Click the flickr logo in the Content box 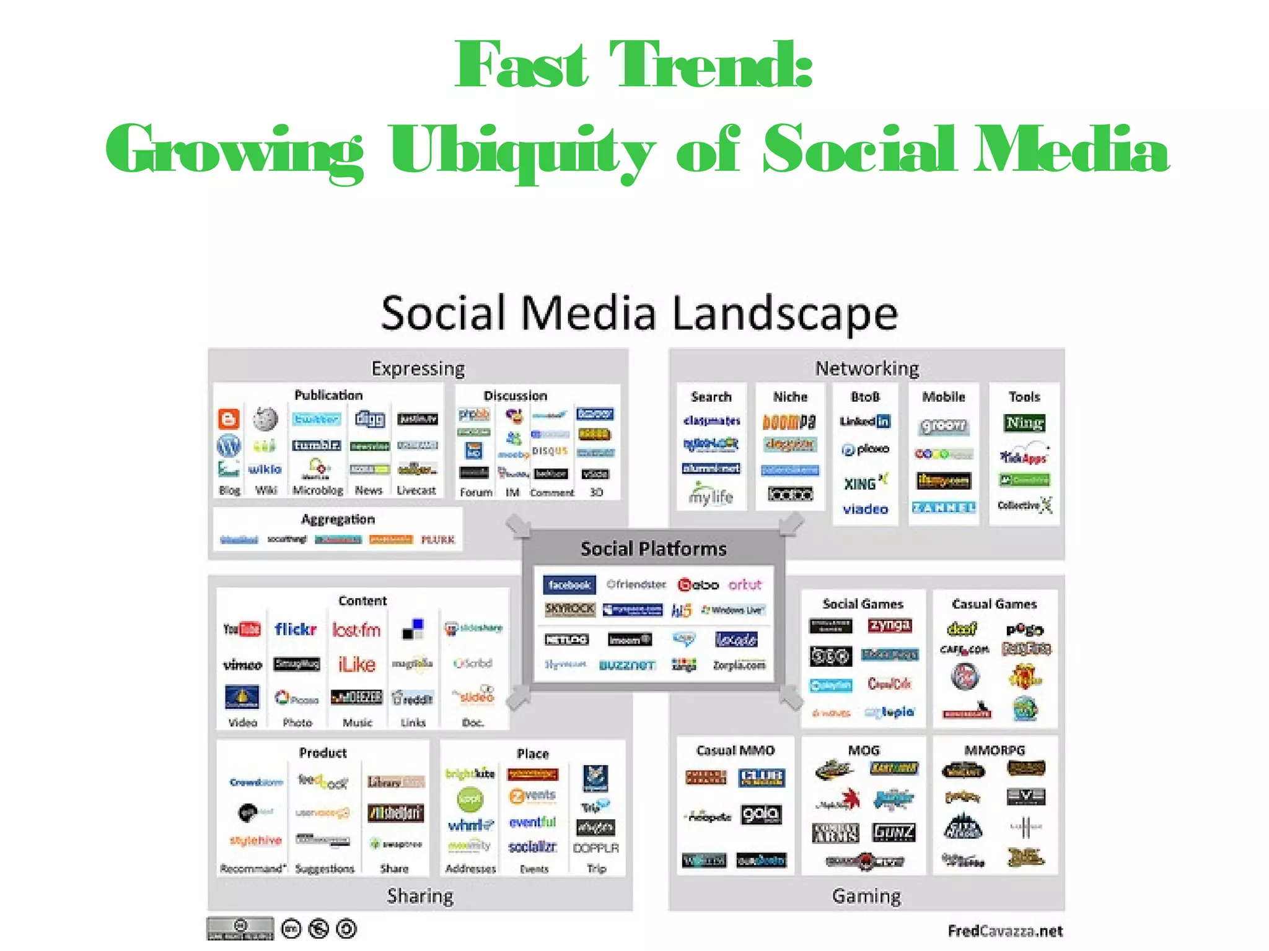click(x=296, y=630)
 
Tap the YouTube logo click(x=242, y=630)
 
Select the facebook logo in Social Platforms click(x=569, y=584)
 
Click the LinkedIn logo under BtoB click(x=865, y=422)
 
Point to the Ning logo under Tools click(x=1024, y=423)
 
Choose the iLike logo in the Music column click(x=357, y=664)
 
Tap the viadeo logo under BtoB click(x=865, y=510)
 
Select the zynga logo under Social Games click(x=890, y=625)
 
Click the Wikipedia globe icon click(x=265, y=419)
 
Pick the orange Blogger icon click(x=229, y=419)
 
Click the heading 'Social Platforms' click(x=653, y=549)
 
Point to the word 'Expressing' click(x=418, y=368)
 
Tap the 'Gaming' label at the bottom click(x=866, y=896)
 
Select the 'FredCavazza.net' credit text click(x=1005, y=931)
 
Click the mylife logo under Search click(x=711, y=495)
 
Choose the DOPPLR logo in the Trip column click(x=596, y=848)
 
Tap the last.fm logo click(x=356, y=630)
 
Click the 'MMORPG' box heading click(x=995, y=750)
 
